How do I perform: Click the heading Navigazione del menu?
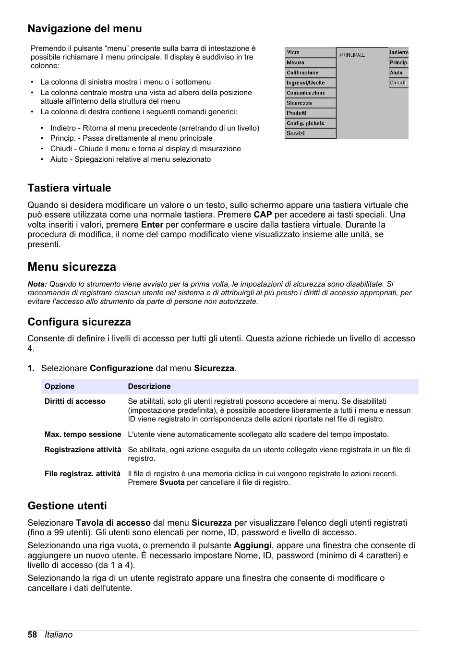[84, 29]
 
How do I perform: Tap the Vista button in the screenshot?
[310, 52]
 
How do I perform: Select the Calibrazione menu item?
[310, 72]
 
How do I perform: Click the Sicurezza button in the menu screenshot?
[310, 103]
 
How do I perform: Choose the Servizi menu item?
[310, 133]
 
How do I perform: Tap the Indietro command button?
[398, 52]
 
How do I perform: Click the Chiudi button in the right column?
[398, 83]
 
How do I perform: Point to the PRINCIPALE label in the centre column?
[352, 55]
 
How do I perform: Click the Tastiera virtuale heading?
[69, 188]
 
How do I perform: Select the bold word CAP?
[263, 215]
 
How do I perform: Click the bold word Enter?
[152, 225]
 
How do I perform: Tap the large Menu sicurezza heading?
[72, 267]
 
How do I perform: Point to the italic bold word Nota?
[37, 284]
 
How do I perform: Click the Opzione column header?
[60, 386]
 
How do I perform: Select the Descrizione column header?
[149, 386]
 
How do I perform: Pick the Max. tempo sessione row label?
[83, 434]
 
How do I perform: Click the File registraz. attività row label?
[82, 474]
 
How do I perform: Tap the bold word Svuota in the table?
[172, 482]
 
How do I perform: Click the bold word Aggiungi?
[253, 545]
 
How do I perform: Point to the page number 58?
[32, 635]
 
